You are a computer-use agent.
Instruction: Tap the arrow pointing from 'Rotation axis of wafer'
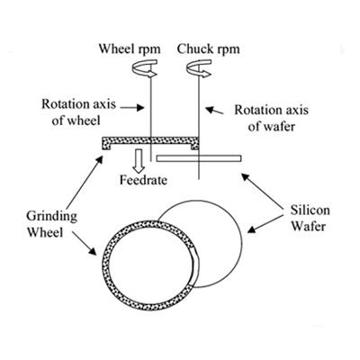click(216, 111)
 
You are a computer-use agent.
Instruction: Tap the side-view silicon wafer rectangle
click(198, 158)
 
